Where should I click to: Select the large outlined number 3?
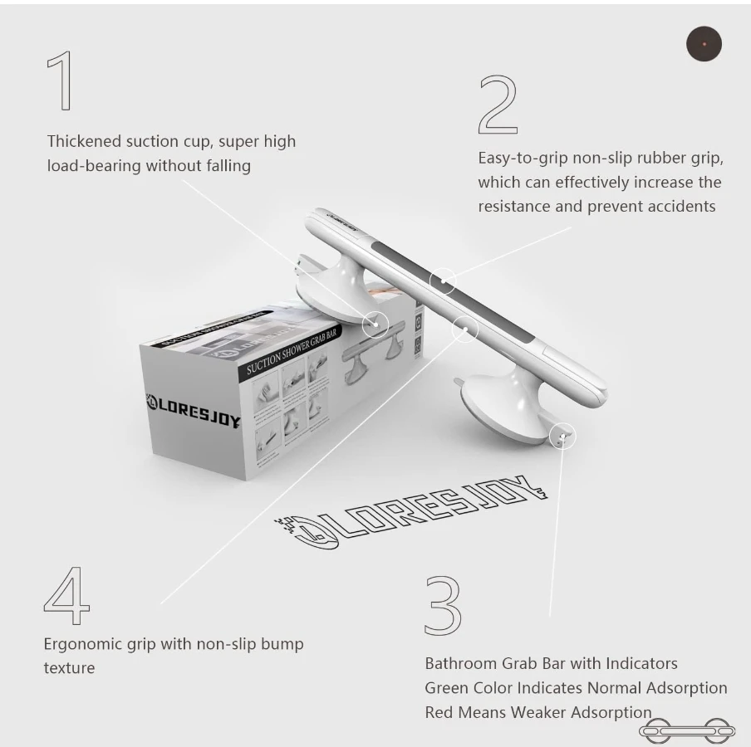(443, 604)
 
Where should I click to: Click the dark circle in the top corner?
(704, 44)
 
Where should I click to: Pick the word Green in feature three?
(447, 688)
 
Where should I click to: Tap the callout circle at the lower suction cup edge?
(562, 435)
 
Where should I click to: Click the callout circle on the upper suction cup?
(375, 321)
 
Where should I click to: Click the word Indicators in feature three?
(641, 663)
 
